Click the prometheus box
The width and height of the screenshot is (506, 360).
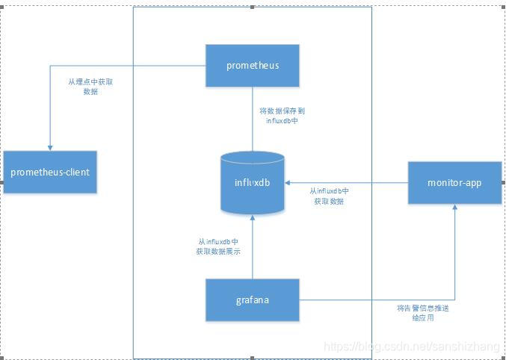[253, 66]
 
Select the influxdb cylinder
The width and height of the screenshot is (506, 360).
[253, 183]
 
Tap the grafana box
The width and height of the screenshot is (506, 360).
[253, 300]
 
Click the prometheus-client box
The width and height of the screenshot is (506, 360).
[50, 172]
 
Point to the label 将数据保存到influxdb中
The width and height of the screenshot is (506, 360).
[283, 115]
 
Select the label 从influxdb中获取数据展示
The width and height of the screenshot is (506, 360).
[218, 247]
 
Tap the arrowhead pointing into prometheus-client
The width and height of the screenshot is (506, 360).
[50, 147]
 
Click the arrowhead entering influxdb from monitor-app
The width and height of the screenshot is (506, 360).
[289, 182]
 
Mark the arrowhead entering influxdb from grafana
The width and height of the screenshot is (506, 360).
[253, 217]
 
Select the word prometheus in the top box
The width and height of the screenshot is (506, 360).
[253, 65]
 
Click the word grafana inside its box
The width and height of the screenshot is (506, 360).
[253, 300]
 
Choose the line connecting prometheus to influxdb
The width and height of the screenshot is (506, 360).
[253, 120]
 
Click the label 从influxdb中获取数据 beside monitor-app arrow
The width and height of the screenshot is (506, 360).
[329, 196]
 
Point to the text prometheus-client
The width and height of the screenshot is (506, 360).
[50, 172]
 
